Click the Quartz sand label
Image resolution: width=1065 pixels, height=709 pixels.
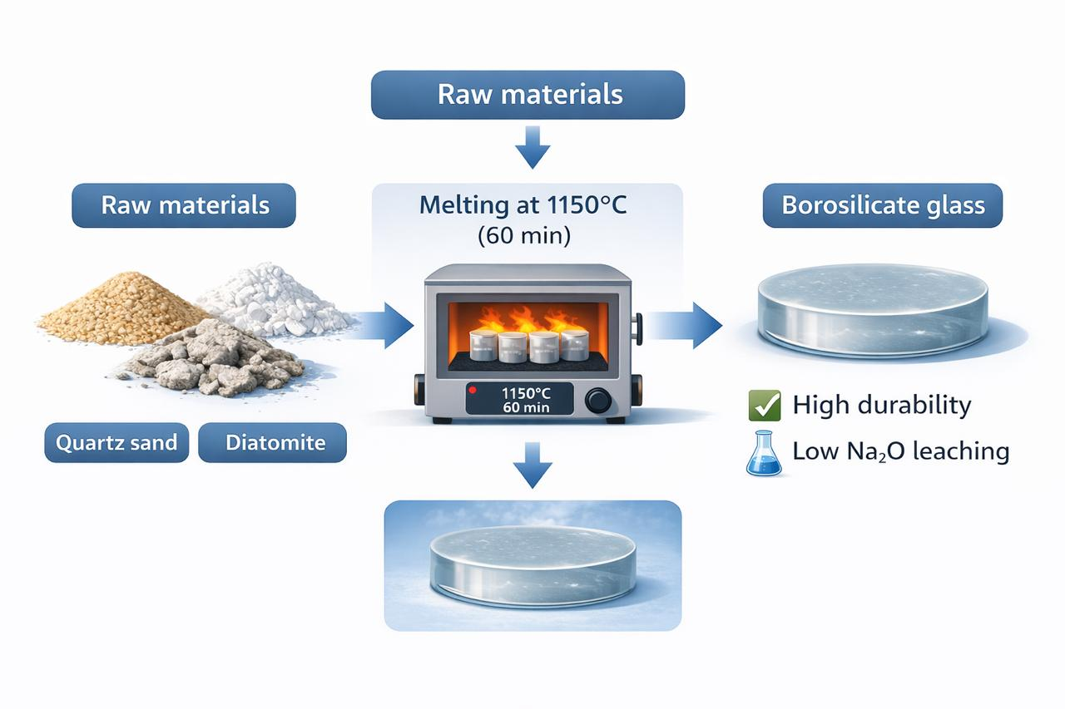(x=116, y=442)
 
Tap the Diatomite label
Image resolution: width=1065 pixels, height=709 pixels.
(x=273, y=442)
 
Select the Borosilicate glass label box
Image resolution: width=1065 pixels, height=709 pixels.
(x=883, y=205)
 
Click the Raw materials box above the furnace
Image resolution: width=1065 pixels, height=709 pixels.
(x=528, y=94)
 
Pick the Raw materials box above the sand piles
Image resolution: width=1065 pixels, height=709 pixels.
(x=185, y=205)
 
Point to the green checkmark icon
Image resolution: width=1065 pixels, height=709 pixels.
(x=765, y=406)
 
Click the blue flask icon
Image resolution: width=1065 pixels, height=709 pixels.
(x=765, y=454)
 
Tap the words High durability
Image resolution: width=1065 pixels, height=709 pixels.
(x=882, y=406)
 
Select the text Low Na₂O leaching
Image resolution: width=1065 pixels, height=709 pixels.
(x=901, y=451)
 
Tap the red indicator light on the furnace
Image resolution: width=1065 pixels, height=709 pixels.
(x=473, y=390)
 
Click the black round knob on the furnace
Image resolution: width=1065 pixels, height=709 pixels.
(x=598, y=400)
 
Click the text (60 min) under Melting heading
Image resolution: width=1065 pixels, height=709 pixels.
(x=523, y=235)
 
